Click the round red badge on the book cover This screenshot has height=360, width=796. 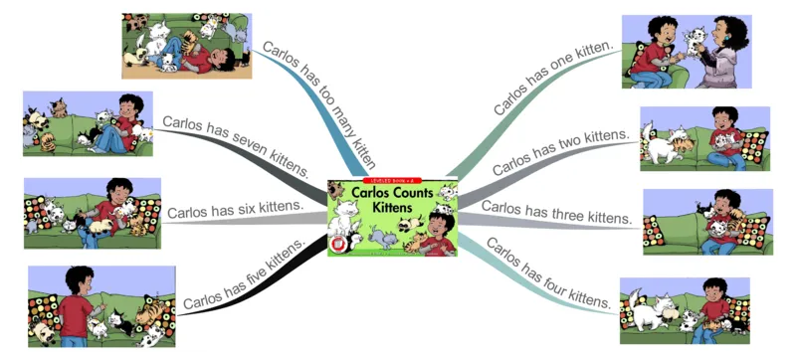tap(340, 242)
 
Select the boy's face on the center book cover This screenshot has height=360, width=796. tap(438, 225)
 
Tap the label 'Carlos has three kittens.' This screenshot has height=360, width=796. tap(557, 212)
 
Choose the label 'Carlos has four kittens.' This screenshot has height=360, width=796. tap(548, 271)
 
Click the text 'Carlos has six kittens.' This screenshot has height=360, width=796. tap(235, 210)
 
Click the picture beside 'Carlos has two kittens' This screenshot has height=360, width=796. tap(704, 139)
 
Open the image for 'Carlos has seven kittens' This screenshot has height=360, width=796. tap(88, 124)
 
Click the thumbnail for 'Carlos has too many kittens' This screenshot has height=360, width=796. tap(186, 46)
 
